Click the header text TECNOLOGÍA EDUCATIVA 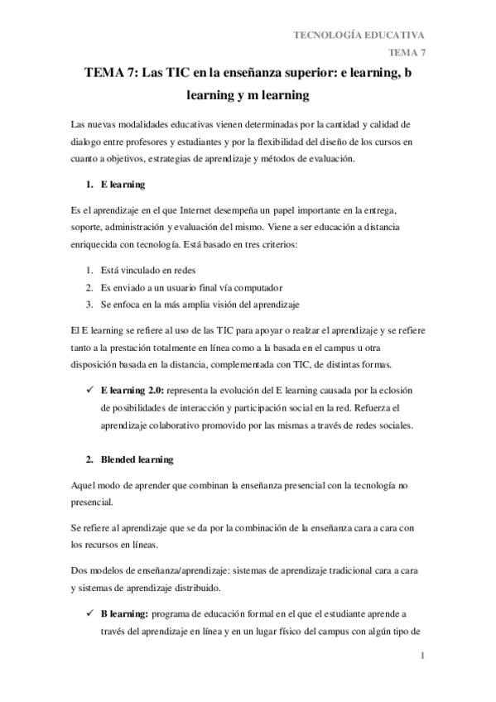[x=359, y=34]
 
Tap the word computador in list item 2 [x=258, y=287]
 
